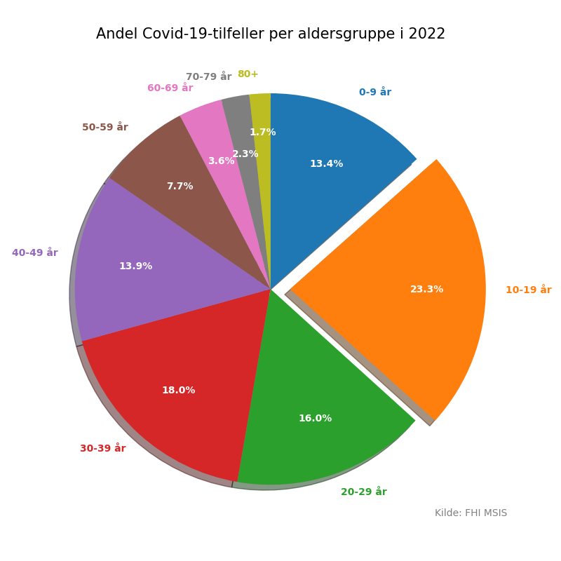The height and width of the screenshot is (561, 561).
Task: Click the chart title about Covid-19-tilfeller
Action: point(271,34)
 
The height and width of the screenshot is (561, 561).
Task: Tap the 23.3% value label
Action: point(426,290)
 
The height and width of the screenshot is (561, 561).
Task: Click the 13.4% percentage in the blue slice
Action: point(326,164)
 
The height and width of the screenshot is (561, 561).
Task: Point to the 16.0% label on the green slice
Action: point(315,419)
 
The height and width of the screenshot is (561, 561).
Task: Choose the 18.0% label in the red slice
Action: point(178,391)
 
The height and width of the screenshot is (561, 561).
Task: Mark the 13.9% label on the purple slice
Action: point(135,266)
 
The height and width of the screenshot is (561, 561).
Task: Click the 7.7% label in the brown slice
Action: point(180,187)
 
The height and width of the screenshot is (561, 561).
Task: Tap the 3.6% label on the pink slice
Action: point(221,161)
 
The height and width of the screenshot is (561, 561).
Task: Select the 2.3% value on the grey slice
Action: point(245,154)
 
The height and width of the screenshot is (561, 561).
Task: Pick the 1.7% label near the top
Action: point(262,133)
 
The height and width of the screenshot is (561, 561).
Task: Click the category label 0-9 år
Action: point(375,92)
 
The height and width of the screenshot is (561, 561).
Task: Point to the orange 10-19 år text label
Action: point(528,290)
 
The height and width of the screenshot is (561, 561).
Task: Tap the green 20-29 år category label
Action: point(363,492)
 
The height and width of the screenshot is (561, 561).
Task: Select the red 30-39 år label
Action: point(102,448)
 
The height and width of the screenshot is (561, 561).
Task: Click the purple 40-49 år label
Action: point(35,252)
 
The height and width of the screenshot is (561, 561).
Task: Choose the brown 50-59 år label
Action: point(104,127)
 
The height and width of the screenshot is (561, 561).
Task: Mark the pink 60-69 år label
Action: point(170,88)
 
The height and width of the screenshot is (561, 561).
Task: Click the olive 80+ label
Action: point(248,74)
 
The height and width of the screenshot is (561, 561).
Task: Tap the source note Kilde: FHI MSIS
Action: point(471,513)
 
